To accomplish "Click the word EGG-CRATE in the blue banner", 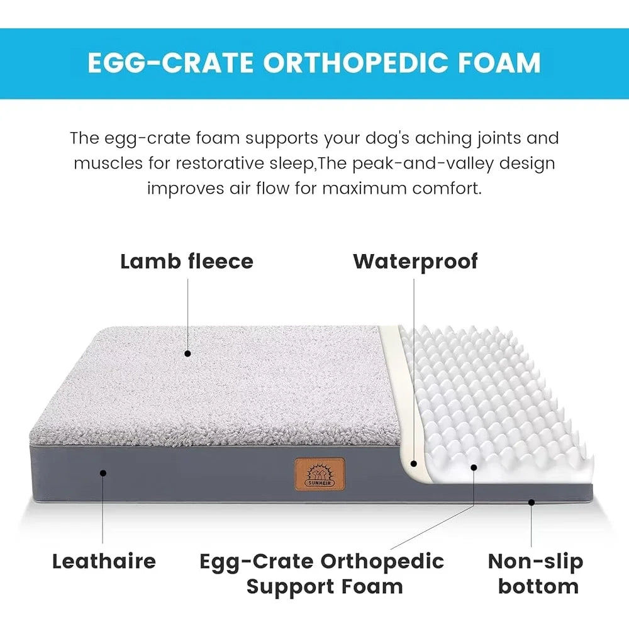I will [168, 63].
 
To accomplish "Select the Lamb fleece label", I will [187, 261].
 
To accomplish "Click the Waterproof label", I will [415, 261].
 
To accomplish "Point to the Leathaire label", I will [104, 561].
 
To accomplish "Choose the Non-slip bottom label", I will [535, 574].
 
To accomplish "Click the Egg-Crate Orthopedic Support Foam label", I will [322, 574].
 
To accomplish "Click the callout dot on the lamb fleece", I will [187, 353].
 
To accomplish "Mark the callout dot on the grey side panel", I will [104, 472].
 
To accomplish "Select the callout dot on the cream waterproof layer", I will [413, 464].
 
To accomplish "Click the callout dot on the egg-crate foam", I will [474, 467].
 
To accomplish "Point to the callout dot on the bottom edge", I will [532, 502].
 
